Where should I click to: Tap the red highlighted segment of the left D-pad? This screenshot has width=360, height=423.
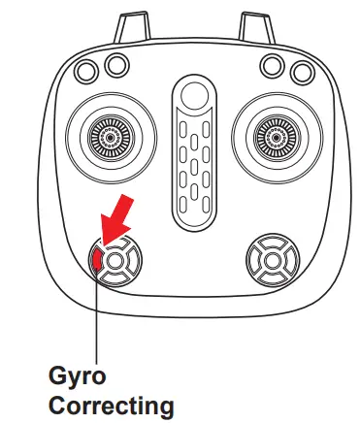[x=98, y=259]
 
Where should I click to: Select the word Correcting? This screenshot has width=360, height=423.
[x=113, y=403]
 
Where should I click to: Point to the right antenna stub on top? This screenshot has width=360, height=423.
[x=255, y=27]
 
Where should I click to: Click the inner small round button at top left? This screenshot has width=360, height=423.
[x=116, y=64]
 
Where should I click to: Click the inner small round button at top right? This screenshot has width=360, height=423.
[x=270, y=64]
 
